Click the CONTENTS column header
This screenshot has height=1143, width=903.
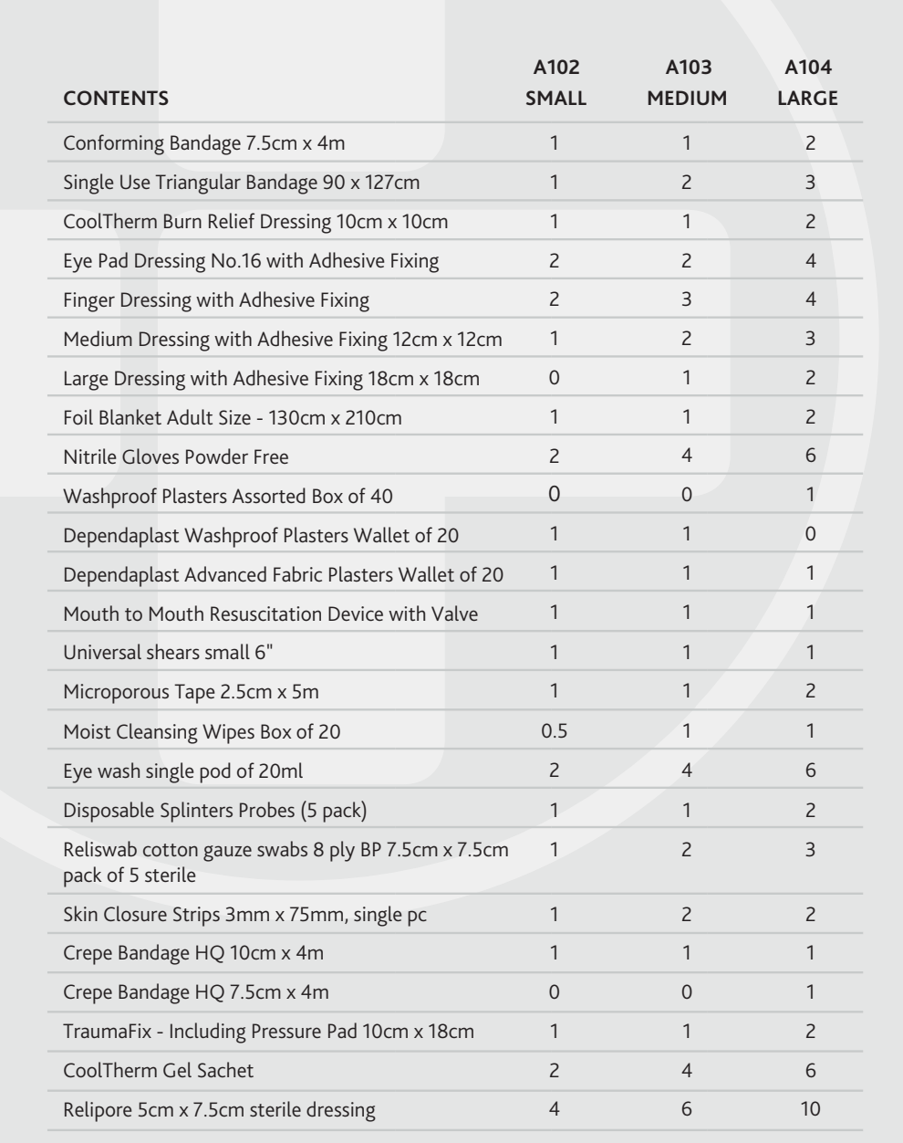tap(116, 99)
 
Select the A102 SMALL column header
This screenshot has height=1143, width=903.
tap(555, 84)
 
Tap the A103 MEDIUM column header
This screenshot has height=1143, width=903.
tap(687, 84)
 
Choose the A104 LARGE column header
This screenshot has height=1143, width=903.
tap(807, 84)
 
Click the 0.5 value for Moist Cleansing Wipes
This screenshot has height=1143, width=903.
tap(555, 731)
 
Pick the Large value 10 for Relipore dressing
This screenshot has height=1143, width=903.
tap(810, 1109)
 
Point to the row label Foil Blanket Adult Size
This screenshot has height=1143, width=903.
tap(233, 418)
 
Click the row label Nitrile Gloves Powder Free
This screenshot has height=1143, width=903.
tap(176, 456)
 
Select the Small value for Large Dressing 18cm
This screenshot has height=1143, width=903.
tap(555, 378)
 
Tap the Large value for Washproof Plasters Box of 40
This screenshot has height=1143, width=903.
tap(810, 495)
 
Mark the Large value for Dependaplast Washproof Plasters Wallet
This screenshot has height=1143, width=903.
tap(810, 534)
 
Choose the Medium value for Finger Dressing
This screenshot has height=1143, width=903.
tap(687, 299)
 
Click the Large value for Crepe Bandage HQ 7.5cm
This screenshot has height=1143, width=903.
tap(810, 992)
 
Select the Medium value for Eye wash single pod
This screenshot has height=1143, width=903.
tap(687, 771)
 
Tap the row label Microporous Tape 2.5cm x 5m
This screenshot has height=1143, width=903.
tap(192, 692)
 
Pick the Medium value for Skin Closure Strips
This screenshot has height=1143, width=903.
tap(687, 915)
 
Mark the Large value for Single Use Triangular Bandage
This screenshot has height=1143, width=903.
tap(810, 182)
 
